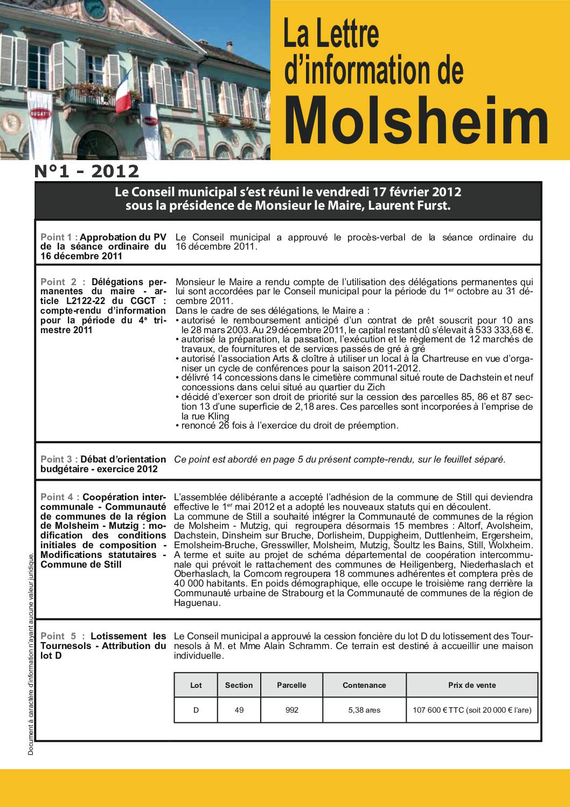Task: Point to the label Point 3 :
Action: [59, 459]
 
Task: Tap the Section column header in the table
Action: [239, 685]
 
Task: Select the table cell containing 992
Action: [291, 710]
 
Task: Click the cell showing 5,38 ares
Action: [364, 710]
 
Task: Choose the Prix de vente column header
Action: [472, 685]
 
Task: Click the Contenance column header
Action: [364, 685]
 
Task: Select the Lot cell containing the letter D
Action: [196, 710]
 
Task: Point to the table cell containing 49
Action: [239, 710]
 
